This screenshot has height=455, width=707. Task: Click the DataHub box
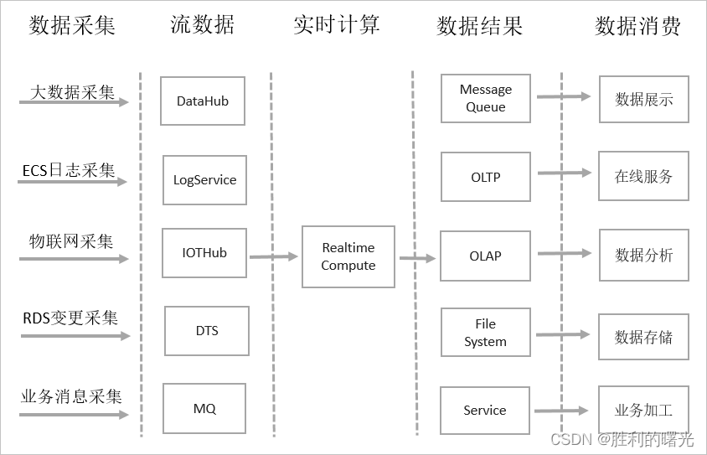203,101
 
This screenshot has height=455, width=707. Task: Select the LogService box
204,180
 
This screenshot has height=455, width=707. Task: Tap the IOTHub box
204,253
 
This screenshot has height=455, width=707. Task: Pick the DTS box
207,331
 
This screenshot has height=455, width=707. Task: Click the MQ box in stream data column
204,409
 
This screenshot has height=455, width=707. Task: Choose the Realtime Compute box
348,257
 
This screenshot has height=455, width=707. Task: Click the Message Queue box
485,98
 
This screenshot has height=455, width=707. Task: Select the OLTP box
485,177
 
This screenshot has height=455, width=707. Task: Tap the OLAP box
485,256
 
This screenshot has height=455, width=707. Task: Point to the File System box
485,333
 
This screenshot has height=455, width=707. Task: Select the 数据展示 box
643,100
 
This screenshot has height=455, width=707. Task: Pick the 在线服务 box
643,177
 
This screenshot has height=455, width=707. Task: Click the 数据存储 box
643,338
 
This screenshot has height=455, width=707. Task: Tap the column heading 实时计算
337,24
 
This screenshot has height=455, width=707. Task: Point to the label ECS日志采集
69,170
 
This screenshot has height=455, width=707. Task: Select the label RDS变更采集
70,318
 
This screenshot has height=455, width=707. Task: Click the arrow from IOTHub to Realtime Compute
274,256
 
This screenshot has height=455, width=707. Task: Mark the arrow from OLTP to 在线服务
564,173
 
